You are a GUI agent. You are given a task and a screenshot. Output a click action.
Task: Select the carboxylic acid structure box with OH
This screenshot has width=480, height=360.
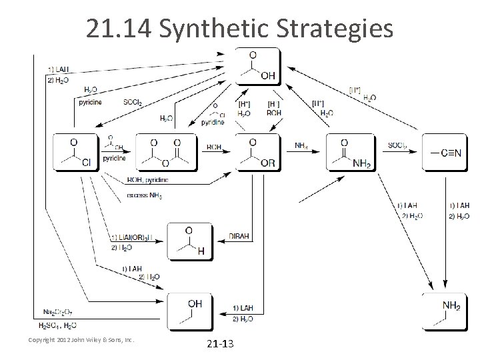(x=257, y=67)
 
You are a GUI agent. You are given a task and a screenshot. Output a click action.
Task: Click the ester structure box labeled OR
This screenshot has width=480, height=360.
(x=258, y=153)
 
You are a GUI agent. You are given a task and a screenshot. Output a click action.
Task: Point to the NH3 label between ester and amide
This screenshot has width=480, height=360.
(x=301, y=145)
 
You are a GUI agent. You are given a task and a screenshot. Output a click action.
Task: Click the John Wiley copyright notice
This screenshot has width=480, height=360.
(x=81, y=340)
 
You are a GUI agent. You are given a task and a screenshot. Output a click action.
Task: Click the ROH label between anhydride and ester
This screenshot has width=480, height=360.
(x=214, y=146)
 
